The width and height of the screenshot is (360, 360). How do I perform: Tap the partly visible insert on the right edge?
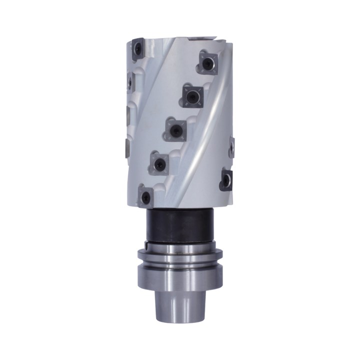(x=232, y=148)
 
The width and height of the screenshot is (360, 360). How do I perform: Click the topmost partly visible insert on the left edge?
(x=129, y=80)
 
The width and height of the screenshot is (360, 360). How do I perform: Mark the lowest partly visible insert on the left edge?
(x=126, y=147)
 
